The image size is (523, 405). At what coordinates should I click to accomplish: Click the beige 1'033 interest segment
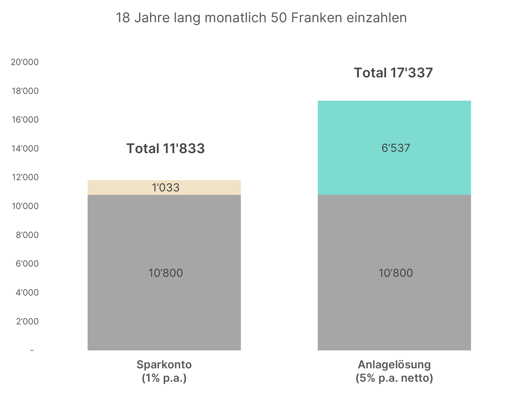pyautogui.click(x=164, y=187)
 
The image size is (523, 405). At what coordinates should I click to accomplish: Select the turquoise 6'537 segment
pyautogui.click(x=394, y=148)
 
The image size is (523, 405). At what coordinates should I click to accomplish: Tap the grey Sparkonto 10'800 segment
pyautogui.click(x=164, y=272)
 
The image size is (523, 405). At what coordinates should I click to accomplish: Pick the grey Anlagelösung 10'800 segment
pyautogui.click(x=394, y=272)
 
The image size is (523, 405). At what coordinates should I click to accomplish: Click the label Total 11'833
pyautogui.click(x=165, y=148)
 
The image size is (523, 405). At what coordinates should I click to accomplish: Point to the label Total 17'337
pyautogui.click(x=393, y=73)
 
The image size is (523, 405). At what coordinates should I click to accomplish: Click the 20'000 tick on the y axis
pyautogui.click(x=25, y=62)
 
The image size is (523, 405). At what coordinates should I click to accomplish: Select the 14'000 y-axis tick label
pyautogui.click(x=25, y=149)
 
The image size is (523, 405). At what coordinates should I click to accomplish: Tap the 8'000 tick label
pyautogui.click(x=27, y=235)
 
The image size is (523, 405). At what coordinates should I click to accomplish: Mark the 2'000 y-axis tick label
pyautogui.click(x=27, y=321)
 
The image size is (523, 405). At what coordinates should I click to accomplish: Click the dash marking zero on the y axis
pyautogui.click(x=32, y=350)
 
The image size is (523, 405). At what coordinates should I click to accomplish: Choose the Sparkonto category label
pyautogui.click(x=164, y=365)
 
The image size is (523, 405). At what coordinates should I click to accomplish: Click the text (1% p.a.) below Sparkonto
pyautogui.click(x=164, y=378)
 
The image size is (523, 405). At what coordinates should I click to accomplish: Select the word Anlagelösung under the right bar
pyautogui.click(x=394, y=365)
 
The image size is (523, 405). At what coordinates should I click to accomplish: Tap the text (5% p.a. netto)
pyautogui.click(x=394, y=378)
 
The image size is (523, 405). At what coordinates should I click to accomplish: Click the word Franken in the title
pyautogui.click(x=316, y=18)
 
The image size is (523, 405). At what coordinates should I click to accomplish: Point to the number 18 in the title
pyautogui.click(x=123, y=18)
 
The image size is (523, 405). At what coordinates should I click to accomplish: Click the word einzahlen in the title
pyautogui.click(x=376, y=18)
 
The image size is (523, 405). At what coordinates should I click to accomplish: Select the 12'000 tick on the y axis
pyautogui.click(x=25, y=177)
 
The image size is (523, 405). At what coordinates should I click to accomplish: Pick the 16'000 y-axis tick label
pyautogui.click(x=25, y=120)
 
